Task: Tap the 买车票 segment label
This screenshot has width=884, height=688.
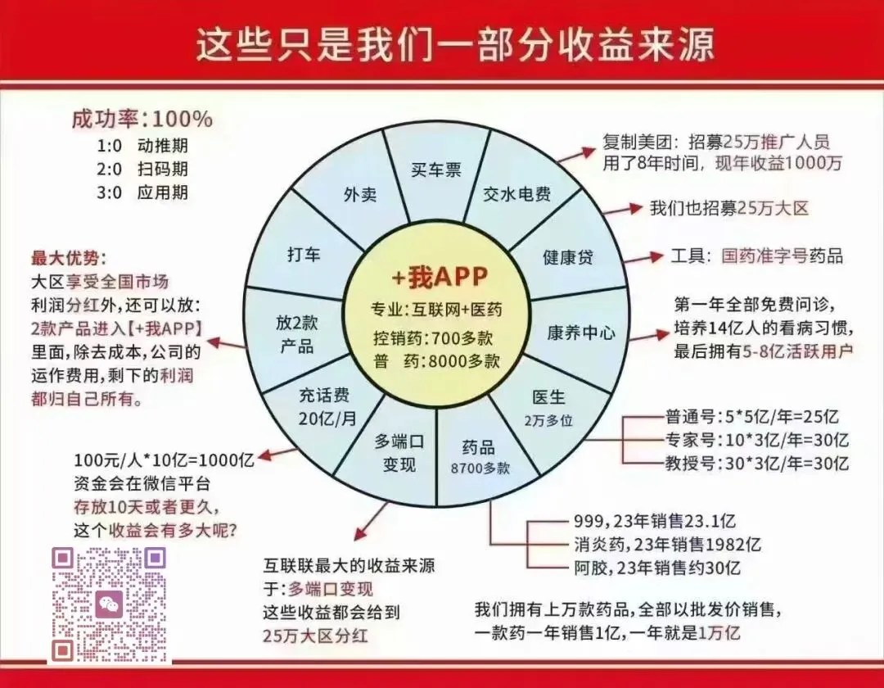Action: (x=436, y=170)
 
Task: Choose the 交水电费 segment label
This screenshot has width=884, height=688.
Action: (x=517, y=195)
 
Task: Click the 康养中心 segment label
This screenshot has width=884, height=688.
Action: (x=581, y=333)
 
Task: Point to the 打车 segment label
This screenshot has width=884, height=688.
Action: (x=304, y=254)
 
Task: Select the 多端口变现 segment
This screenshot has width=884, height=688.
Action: (x=399, y=453)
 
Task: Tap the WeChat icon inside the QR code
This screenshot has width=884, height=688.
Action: (x=109, y=604)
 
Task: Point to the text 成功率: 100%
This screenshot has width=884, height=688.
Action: (x=142, y=119)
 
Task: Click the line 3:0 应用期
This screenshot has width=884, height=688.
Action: (x=142, y=192)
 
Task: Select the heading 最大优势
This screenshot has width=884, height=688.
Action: (x=69, y=258)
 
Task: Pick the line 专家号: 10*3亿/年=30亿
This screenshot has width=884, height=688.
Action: (x=756, y=439)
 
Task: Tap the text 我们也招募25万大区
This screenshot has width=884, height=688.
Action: (x=729, y=208)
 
